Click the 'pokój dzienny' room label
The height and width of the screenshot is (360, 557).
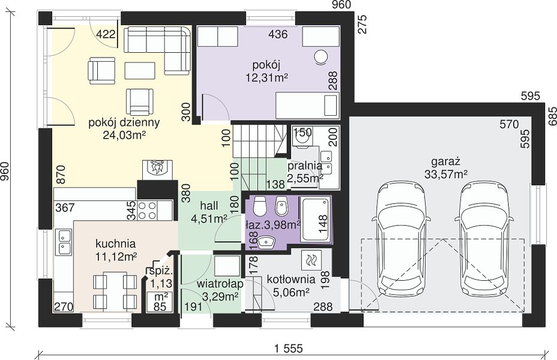124,122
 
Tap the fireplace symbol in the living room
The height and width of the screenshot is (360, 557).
158,170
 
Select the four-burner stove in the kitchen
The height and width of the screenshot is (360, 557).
148,210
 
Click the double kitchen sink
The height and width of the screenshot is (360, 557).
64,241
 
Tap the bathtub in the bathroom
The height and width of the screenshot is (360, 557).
315,220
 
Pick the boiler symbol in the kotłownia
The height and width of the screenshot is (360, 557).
311,260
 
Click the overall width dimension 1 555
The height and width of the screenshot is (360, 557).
288,349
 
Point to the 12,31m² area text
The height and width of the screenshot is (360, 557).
266,77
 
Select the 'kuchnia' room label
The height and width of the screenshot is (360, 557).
115,244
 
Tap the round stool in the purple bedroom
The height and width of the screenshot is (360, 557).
321,57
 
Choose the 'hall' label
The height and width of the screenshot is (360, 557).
209,205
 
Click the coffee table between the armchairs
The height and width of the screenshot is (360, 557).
140,70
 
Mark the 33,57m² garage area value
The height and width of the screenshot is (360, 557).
446,174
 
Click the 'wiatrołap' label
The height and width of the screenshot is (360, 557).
220,284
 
